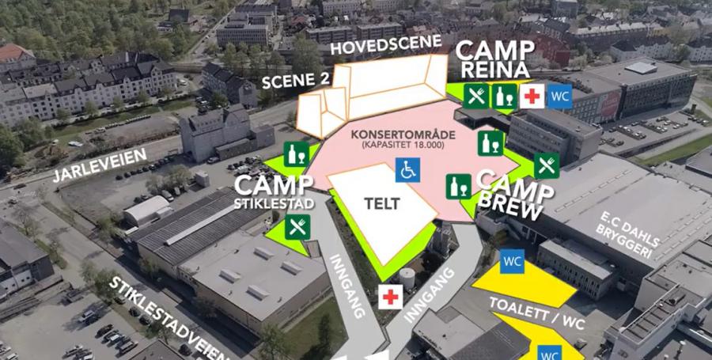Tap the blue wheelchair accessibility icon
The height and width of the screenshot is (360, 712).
coord(408,169)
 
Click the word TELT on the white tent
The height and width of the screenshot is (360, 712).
coord(383,203)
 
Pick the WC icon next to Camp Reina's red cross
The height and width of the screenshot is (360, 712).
coord(559,96)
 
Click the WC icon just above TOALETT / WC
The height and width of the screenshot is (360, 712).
coord(512,260)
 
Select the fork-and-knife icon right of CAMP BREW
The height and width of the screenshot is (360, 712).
coord(546,165)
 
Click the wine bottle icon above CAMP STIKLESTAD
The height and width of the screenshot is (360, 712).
coord(297,154)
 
